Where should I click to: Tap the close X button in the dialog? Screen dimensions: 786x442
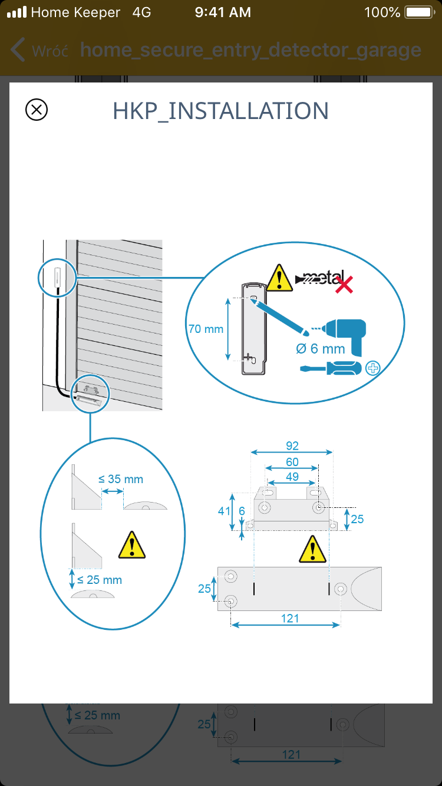point(37,110)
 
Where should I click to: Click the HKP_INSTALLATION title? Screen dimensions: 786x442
point(220,111)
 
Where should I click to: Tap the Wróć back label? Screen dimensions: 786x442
point(50,51)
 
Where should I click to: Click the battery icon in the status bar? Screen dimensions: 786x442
point(419,12)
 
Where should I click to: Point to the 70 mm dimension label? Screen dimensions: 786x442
point(206,329)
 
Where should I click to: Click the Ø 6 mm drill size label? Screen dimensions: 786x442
point(320,349)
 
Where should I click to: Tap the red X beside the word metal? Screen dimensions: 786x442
point(344,285)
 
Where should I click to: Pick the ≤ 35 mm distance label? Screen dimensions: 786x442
point(120,479)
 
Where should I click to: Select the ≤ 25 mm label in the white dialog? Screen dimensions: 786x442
point(98,580)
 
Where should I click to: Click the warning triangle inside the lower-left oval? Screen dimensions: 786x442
point(132,545)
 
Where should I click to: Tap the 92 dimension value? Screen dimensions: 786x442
point(292,445)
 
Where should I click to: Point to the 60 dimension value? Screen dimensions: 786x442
point(292,462)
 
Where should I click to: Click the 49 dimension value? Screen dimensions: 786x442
point(292,476)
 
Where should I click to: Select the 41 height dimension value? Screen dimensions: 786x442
point(224,511)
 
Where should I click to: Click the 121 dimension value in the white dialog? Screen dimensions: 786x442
point(290,618)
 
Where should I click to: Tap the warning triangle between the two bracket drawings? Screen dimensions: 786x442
point(312,550)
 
